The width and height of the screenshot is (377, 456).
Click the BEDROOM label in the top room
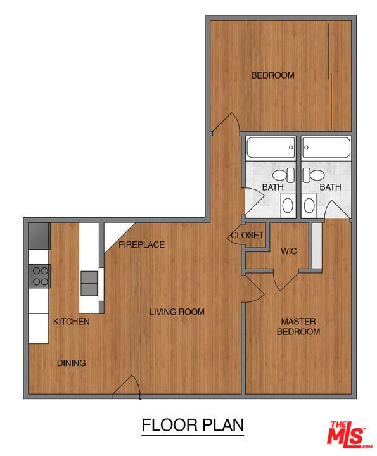pos(272,75)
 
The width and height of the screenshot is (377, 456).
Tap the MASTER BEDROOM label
pos(298,326)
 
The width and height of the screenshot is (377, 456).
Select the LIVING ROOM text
pos(177,312)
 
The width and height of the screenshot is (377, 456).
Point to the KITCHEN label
pos(71,321)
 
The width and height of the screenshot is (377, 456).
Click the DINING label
pos(71,363)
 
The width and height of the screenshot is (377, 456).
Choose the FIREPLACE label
pos(142,244)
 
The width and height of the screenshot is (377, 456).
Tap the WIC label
pos(288,251)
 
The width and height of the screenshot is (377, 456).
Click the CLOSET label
pos(247,235)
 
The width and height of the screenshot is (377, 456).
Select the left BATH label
pos(273,187)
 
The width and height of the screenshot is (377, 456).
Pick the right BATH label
pos(330,187)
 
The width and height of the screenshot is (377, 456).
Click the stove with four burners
pos(39,276)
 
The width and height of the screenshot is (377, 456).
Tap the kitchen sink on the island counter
pos(89,283)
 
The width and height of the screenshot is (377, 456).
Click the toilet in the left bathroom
pos(283,175)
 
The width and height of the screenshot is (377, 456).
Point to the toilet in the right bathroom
pos(313,175)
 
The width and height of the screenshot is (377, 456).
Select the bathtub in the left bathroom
pos(271,148)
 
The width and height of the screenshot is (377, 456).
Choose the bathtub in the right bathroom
pos(326,148)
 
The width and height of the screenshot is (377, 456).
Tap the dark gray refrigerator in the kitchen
pos(39,236)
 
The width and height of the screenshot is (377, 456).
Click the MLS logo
pos(348,435)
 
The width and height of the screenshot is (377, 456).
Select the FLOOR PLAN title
pos(193,425)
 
